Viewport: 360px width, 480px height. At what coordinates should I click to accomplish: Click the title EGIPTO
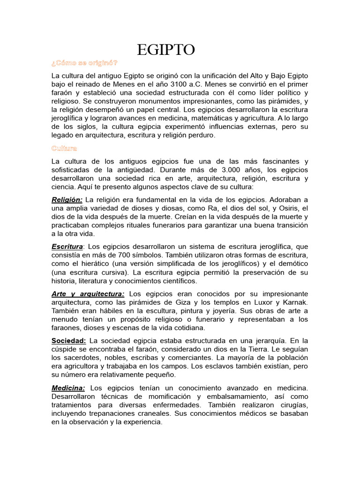click(x=166, y=50)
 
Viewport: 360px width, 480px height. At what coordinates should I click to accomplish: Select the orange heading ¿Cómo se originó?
click(x=84, y=63)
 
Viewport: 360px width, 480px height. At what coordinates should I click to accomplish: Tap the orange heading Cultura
click(x=64, y=149)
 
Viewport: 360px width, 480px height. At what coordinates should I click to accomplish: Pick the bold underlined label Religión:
click(x=67, y=200)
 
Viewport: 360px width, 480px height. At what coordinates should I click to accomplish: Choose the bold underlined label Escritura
click(x=67, y=247)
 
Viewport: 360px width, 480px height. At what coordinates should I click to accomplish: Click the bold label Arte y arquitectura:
click(x=88, y=293)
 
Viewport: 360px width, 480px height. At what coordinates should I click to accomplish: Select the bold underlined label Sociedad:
click(x=68, y=340)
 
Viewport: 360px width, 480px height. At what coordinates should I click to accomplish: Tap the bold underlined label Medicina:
click(x=68, y=388)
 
